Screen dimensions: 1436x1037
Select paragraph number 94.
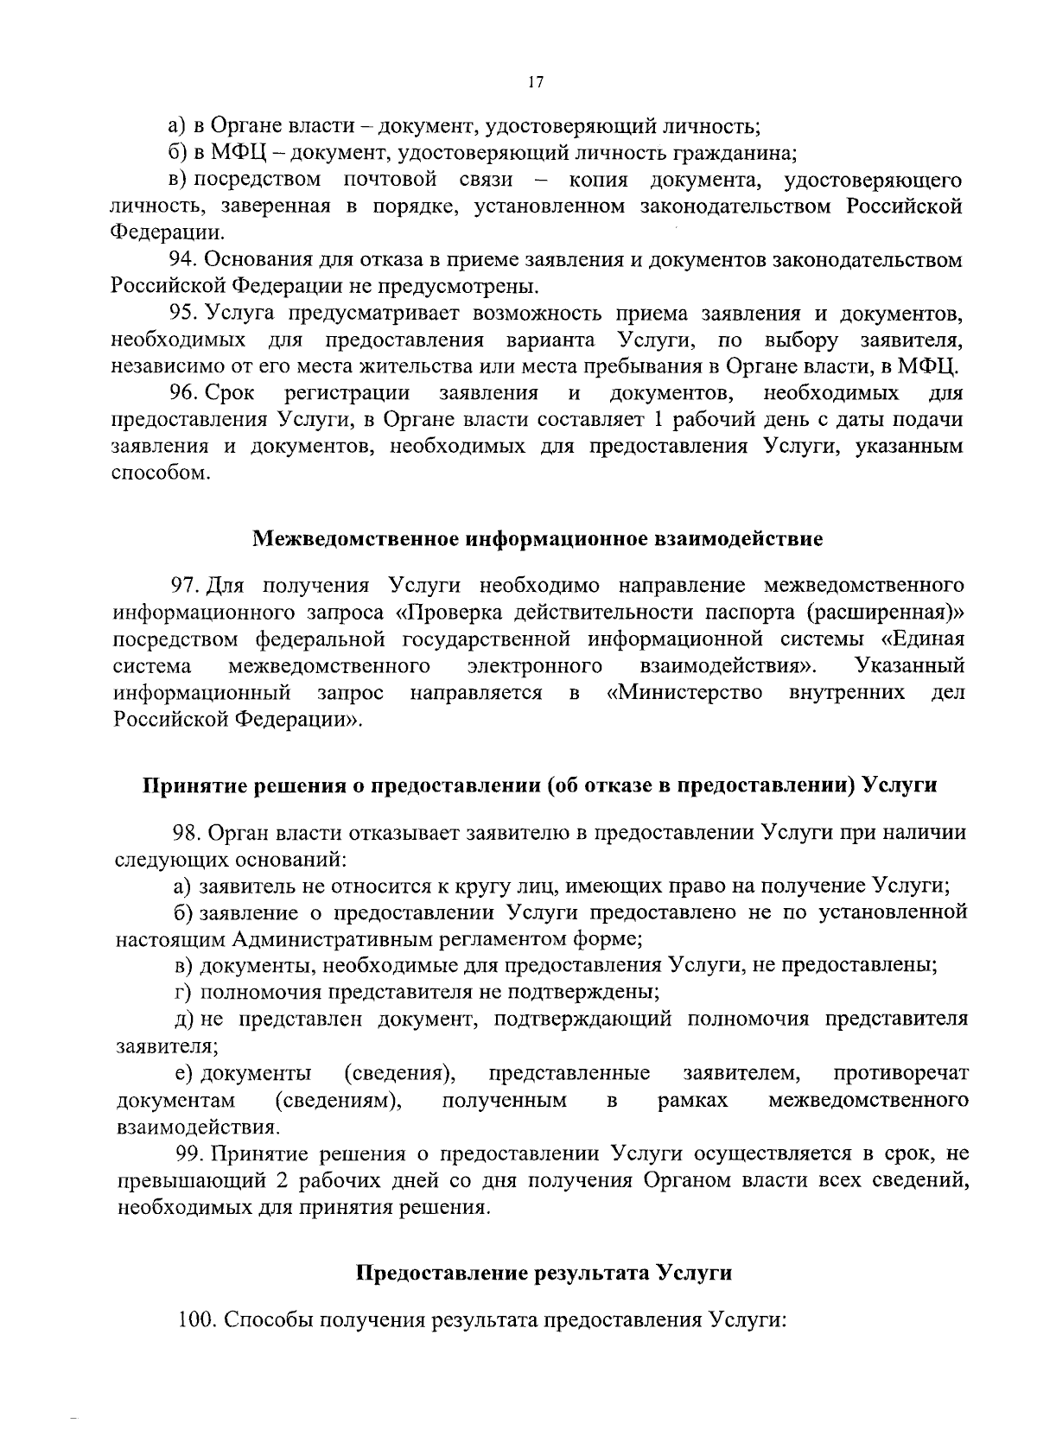(183, 259)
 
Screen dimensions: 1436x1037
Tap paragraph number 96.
(183, 393)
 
